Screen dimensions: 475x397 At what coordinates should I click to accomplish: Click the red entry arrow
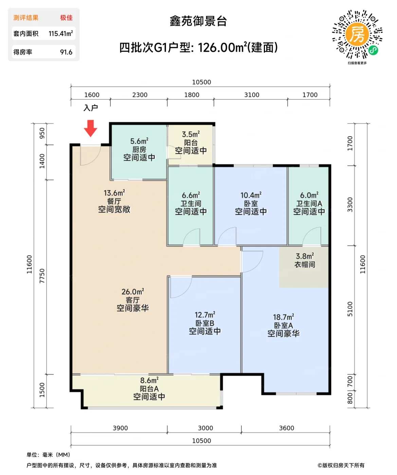(x=91, y=128)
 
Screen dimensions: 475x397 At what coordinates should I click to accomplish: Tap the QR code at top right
(x=357, y=34)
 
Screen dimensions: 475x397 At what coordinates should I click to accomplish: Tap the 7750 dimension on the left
(x=42, y=276)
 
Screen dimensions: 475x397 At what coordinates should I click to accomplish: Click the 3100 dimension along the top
(x=252, y=95)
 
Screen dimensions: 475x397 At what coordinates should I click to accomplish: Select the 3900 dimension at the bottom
(x=120, y=428)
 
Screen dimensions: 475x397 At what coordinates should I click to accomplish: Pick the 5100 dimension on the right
(x=350, y=309)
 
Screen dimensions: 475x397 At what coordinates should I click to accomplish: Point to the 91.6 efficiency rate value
(x=66, y=52)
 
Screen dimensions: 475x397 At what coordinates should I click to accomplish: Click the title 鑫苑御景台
(x=198, y=21)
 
